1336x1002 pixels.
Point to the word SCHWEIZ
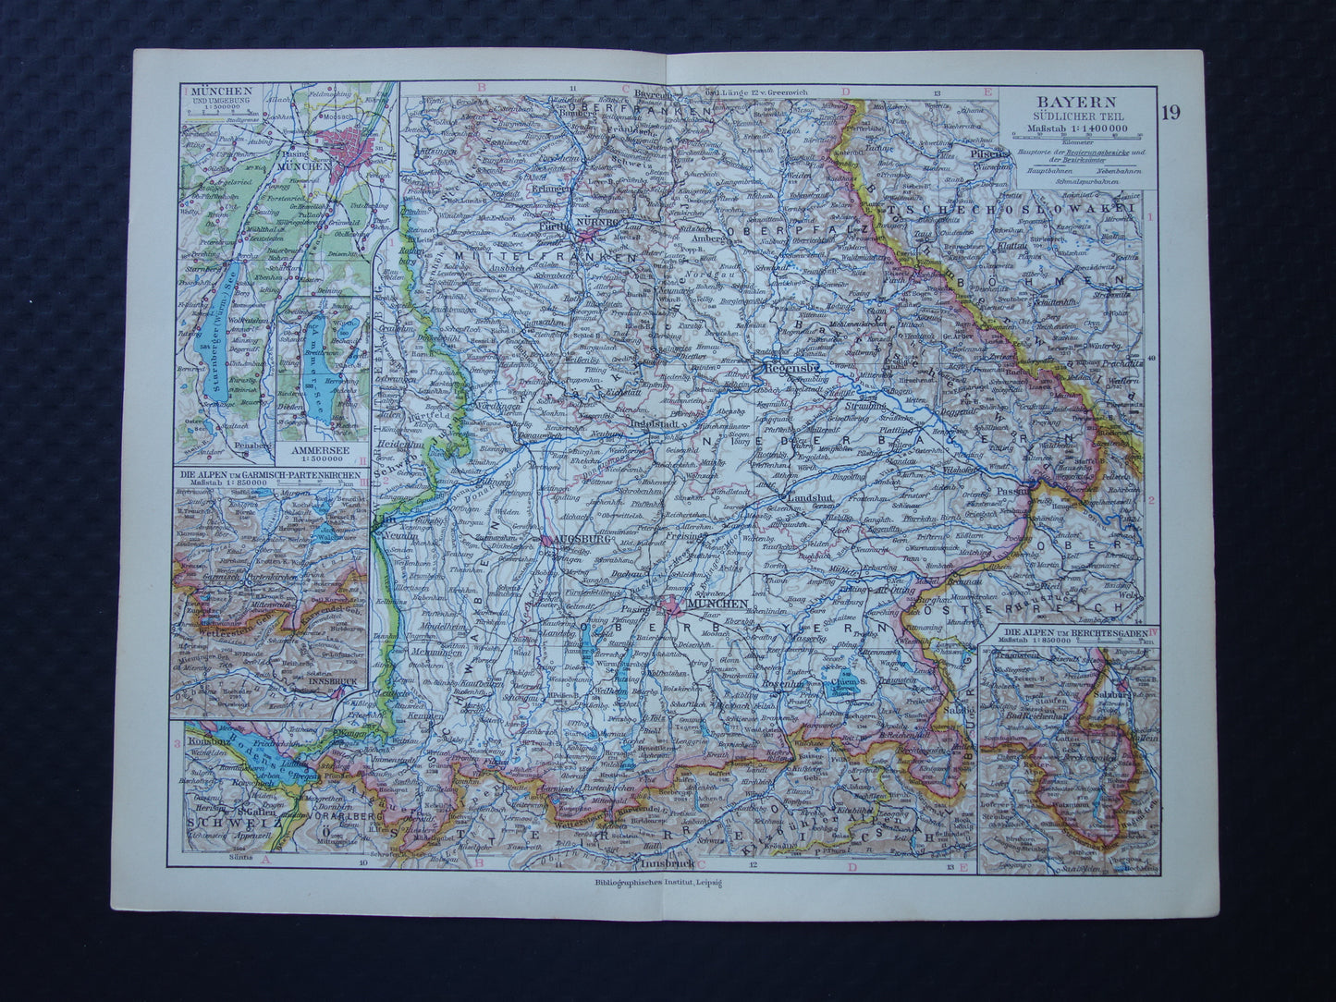coord(218,818)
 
